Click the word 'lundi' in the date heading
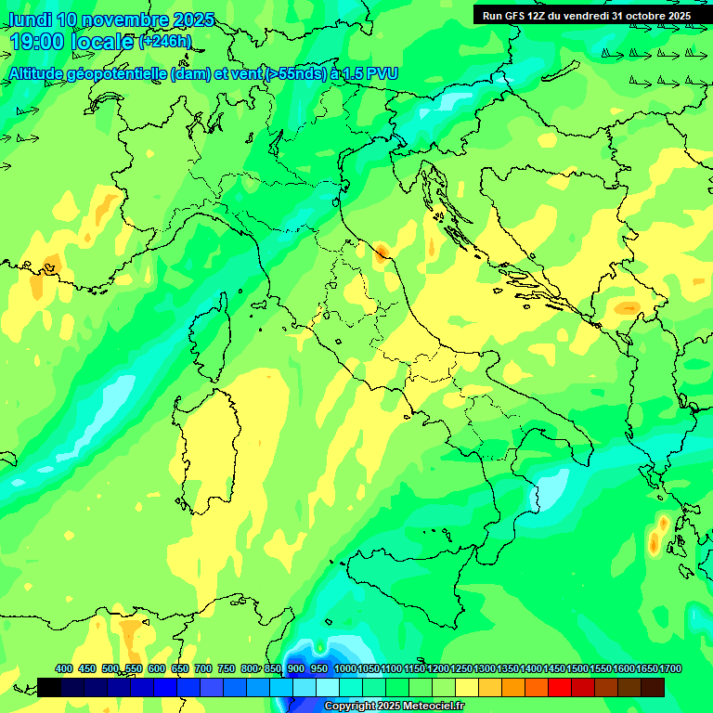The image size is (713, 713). pos(30,19)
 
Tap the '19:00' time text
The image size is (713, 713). pos(38,42)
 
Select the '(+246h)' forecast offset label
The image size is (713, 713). pos(165,42)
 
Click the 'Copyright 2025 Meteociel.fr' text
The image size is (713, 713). pos(394,707)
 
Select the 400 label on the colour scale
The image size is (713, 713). pos(64,669)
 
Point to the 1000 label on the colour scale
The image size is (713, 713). pos(344,669)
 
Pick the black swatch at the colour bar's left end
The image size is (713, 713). pos(49,687)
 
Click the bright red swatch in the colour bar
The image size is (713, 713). pos(560,687)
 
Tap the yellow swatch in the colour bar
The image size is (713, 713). pos(467,687)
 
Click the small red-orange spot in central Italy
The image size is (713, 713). pos(382,250)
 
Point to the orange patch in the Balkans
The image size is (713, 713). pos(628,307)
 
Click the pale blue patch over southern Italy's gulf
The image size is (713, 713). pos(553,486)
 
